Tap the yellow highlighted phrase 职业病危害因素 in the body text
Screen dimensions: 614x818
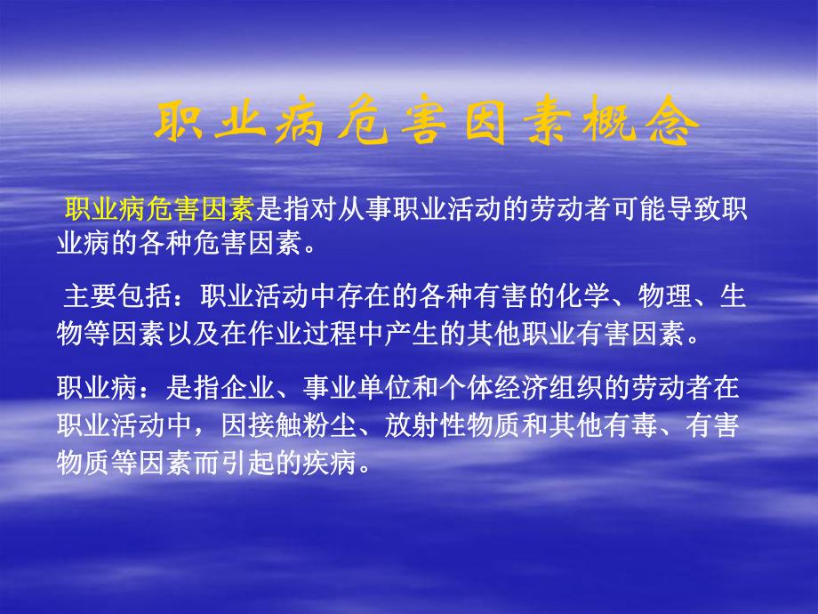point(160,211)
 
